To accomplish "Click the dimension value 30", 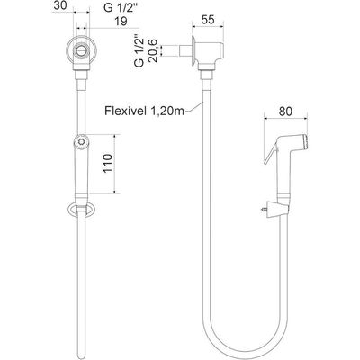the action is [x=60, y=5].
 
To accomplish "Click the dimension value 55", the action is [x=208, y=20].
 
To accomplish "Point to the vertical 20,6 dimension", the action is [x=154, y=50].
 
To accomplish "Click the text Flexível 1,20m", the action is [x=144, y=111].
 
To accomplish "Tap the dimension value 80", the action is [x=285, y=112].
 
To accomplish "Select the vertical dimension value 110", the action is [x=108, y=164].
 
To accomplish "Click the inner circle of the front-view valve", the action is [x=81, y=49].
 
